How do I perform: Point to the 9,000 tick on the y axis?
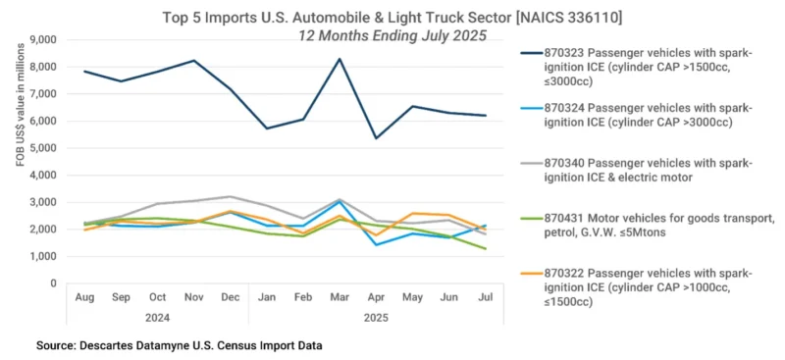[x=44, y=40]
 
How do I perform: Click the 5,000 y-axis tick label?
[x=44, y=148]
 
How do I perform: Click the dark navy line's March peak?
[x=340, y=59]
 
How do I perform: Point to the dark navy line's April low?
[x=376, y=138]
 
